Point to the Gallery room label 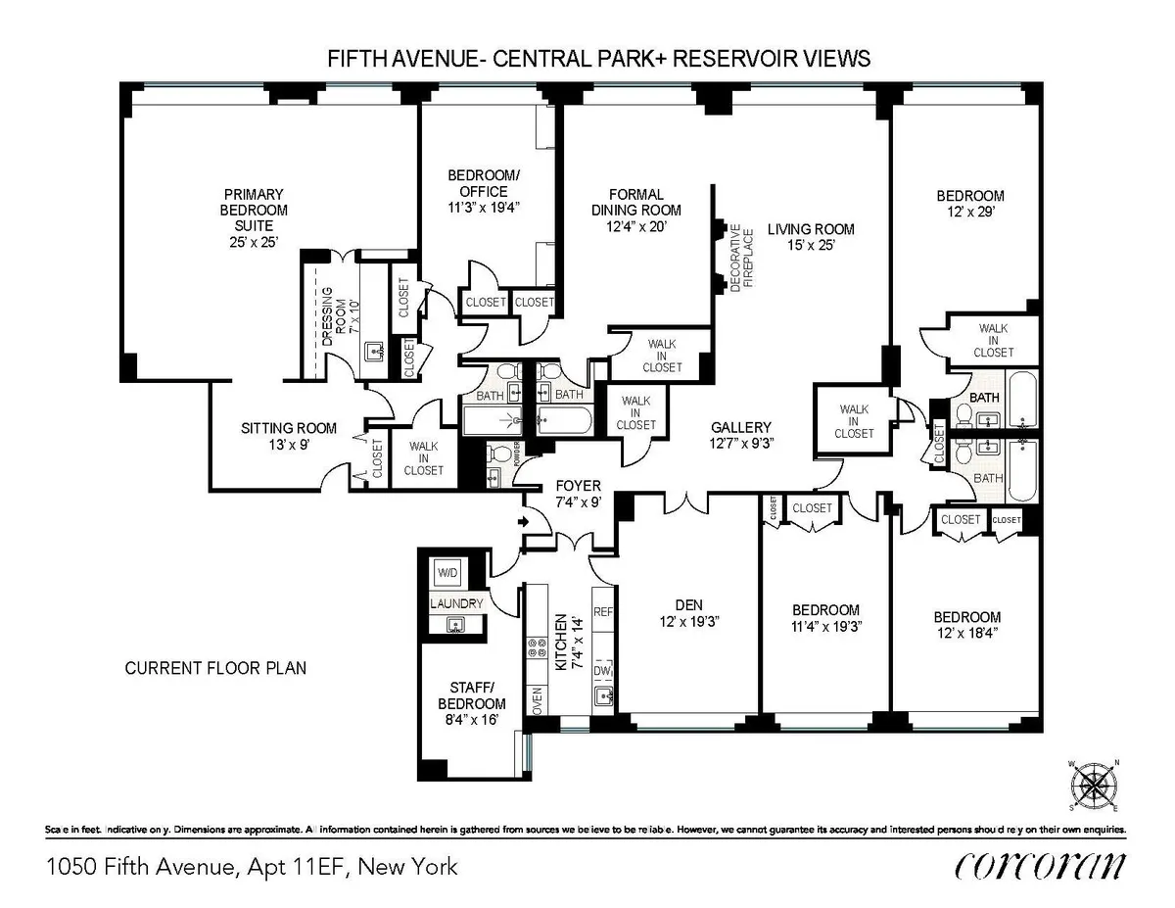pyautogui.click(x=741, y=428)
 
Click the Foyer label pyautogui.click(x=578, y=486)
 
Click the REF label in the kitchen pyautogui.click(x=603, y=611)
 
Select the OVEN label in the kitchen pyautogui.click(x=537, y=700)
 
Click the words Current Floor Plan pyautogui.click(x=216, y=669)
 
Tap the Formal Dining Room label pyautogui.click(x=636, y=202)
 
